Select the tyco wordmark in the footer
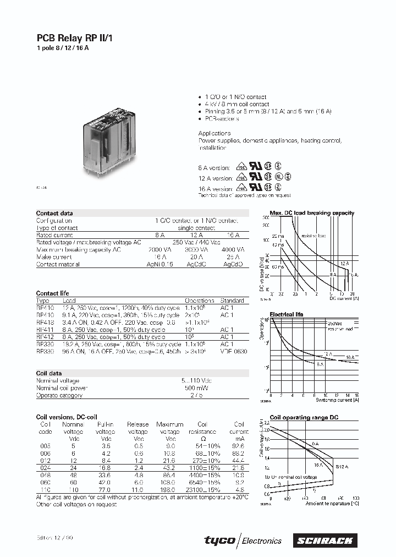tap(219, 540)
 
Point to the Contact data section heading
tap(54, 213)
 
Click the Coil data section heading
tap(48, 373)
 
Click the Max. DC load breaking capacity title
tap(312, 213)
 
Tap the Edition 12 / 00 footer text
tap(52, 537)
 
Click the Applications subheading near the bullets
tap(215, 133)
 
